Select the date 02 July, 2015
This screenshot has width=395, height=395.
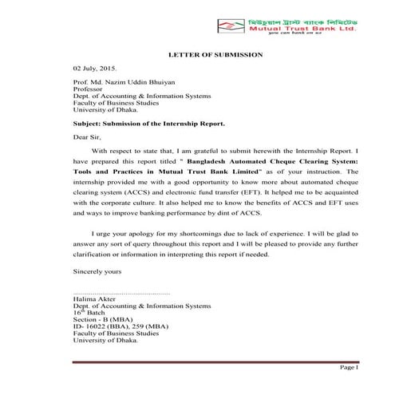click(x=94, y=70)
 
